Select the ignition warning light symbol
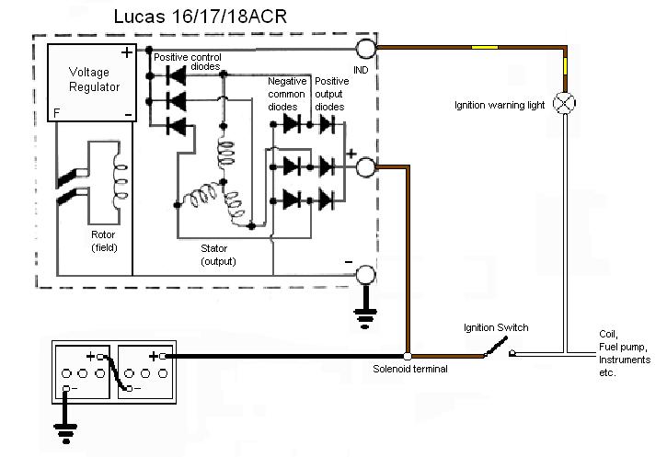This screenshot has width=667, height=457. pos(563,103)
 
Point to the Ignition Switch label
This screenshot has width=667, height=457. pos(498,327)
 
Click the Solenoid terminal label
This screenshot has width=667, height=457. pos(410,370)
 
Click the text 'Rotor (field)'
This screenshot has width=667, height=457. pos(104,241)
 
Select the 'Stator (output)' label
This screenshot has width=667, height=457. pos(218,255)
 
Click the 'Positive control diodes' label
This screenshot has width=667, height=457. pos(189,61)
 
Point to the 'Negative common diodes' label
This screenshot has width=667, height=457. pos(286,94)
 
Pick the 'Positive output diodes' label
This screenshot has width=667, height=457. pos(330,94)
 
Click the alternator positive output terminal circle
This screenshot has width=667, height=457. pos(365,166)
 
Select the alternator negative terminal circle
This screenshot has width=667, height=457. pos(365,275)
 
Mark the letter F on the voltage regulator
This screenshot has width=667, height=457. pos(55,114)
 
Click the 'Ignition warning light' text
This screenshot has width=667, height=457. pos(499,106)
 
